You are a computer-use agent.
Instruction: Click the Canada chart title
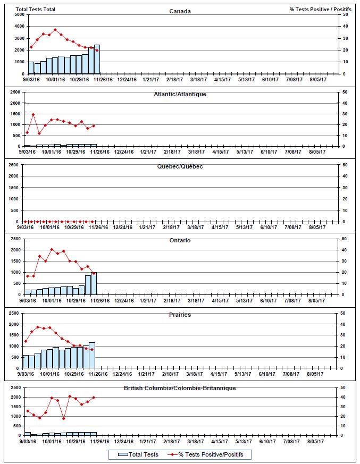coord(180,11)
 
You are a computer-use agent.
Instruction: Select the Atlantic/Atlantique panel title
coord(180,94)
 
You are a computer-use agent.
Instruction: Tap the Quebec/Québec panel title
coord(180,166)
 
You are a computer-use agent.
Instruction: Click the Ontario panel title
coord(180,240)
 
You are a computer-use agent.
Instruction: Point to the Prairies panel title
coord(180,315)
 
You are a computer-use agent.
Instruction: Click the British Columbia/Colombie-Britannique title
coord(180,388)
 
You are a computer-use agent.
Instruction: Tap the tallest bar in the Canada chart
coord(97,60)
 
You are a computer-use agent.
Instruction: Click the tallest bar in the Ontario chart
coord(94,283)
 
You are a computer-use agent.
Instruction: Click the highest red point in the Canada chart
coord(55,30)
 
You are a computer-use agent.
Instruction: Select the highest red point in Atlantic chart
coord(33,114)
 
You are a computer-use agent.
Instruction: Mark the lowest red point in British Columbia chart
coord(63,418)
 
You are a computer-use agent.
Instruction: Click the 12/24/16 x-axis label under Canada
coord(127,80)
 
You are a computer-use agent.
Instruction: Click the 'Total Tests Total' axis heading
coord(36,10)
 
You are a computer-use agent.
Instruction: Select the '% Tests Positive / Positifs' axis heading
coord(320,10)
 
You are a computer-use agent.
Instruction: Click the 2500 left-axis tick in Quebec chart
coord(14,165)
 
